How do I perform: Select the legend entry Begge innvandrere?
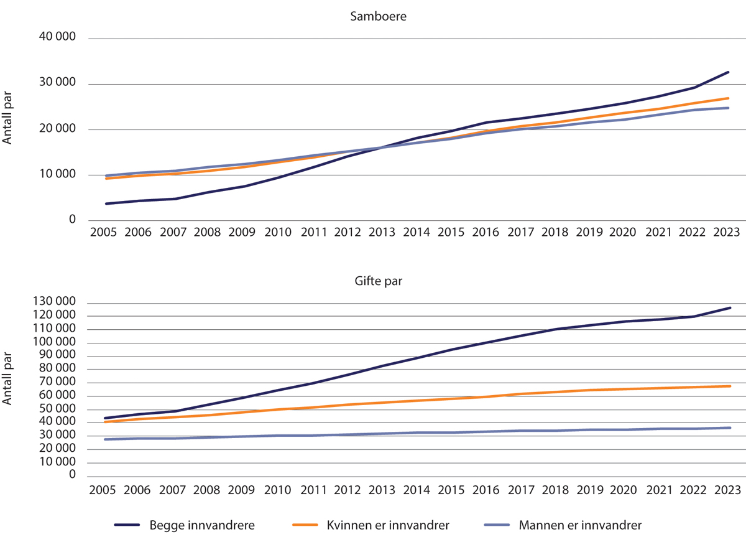pos(201,525)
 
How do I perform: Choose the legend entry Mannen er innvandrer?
pos(579,525)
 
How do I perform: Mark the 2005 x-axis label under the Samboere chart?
pos(105,232)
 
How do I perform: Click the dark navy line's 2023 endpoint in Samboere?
pos(729,72)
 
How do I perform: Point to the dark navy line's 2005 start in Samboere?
pos(106,203)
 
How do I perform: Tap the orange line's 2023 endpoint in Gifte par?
pos(730,386)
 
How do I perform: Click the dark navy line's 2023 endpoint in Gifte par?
pos(730,307)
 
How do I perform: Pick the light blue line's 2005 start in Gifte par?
pos(105,439)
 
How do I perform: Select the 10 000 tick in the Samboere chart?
pos(57,175)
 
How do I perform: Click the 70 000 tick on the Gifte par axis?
pos(57,382)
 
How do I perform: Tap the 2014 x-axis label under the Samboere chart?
pos(416,232)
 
